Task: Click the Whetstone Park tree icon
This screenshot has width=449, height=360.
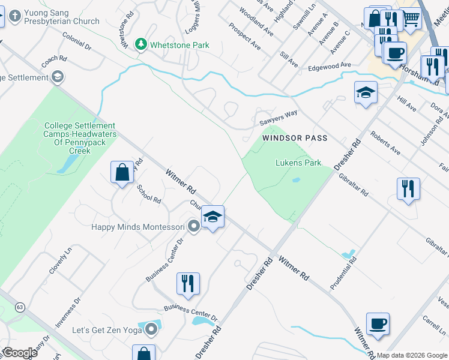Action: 141,44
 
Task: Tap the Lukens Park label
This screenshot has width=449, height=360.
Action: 298,163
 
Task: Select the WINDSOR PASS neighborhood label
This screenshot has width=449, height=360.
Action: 295,138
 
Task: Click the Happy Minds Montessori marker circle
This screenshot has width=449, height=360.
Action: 193,227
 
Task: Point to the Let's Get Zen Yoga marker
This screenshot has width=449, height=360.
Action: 151,329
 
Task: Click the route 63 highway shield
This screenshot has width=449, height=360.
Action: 21,307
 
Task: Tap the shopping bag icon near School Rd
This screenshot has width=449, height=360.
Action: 122,173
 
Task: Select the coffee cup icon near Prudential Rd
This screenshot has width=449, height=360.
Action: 378,324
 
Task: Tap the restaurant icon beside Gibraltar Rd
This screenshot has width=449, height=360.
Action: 408,189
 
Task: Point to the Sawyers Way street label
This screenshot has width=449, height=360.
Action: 279,118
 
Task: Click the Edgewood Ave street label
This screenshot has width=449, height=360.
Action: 329,66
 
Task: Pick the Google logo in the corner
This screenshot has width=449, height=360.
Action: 19,353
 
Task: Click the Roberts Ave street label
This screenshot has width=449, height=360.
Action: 385,143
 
